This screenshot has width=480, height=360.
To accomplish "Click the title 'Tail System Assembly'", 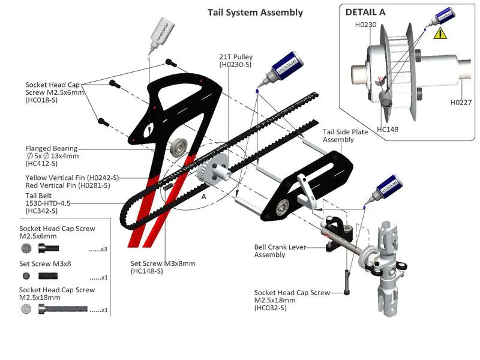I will coord(255,12).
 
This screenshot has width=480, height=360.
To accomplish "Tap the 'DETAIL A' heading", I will coord(365,11).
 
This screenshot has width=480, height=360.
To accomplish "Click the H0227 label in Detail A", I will coord(461,103).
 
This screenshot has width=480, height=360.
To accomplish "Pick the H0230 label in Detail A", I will coord(365,25).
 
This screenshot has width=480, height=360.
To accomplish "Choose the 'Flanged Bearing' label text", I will coord(51,148).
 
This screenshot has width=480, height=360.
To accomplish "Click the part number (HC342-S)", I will coord(41,211).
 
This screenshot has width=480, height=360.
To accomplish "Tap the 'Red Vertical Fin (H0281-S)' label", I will coord(68,186).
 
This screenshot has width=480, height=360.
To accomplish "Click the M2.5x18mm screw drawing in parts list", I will coord(62,310).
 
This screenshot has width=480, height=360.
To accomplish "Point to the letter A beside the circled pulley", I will coord(204,196).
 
